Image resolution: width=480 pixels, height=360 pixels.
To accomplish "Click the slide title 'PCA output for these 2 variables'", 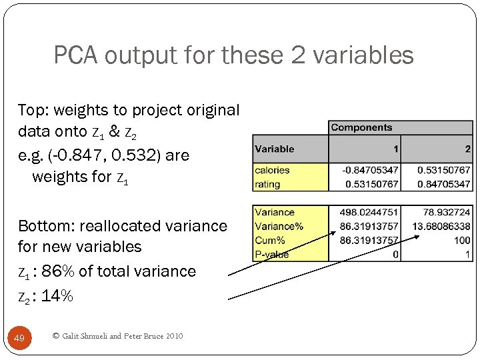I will [x=233, y=55].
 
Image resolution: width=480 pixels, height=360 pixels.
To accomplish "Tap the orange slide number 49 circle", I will [x=19, y=338].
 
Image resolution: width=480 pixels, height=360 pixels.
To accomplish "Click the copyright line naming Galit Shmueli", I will [x=117, y=336].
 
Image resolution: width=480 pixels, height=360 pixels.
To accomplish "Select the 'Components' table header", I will [x=361, y=127].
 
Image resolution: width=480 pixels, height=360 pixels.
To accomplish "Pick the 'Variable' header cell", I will [x=274, y=149].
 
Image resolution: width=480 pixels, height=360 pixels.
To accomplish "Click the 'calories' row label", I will [x=271, y=170].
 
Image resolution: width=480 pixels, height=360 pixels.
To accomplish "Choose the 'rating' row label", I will [x=267, y=184].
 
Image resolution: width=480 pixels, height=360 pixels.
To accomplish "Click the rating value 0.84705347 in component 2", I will [x=443, y=184].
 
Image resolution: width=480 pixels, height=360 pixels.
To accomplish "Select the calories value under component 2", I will [x=443, y=170].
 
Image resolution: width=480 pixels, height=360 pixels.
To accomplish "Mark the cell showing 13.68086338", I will [x=441, y=226].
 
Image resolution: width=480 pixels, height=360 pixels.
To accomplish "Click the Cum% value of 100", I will [x=461, y=240].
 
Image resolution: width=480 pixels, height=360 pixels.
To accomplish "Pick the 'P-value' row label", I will [x=272, y=254].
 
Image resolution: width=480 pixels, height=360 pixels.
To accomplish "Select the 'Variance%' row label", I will [x=279, y=226].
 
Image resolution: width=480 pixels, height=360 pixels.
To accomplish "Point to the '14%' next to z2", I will [x=57, y=296].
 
